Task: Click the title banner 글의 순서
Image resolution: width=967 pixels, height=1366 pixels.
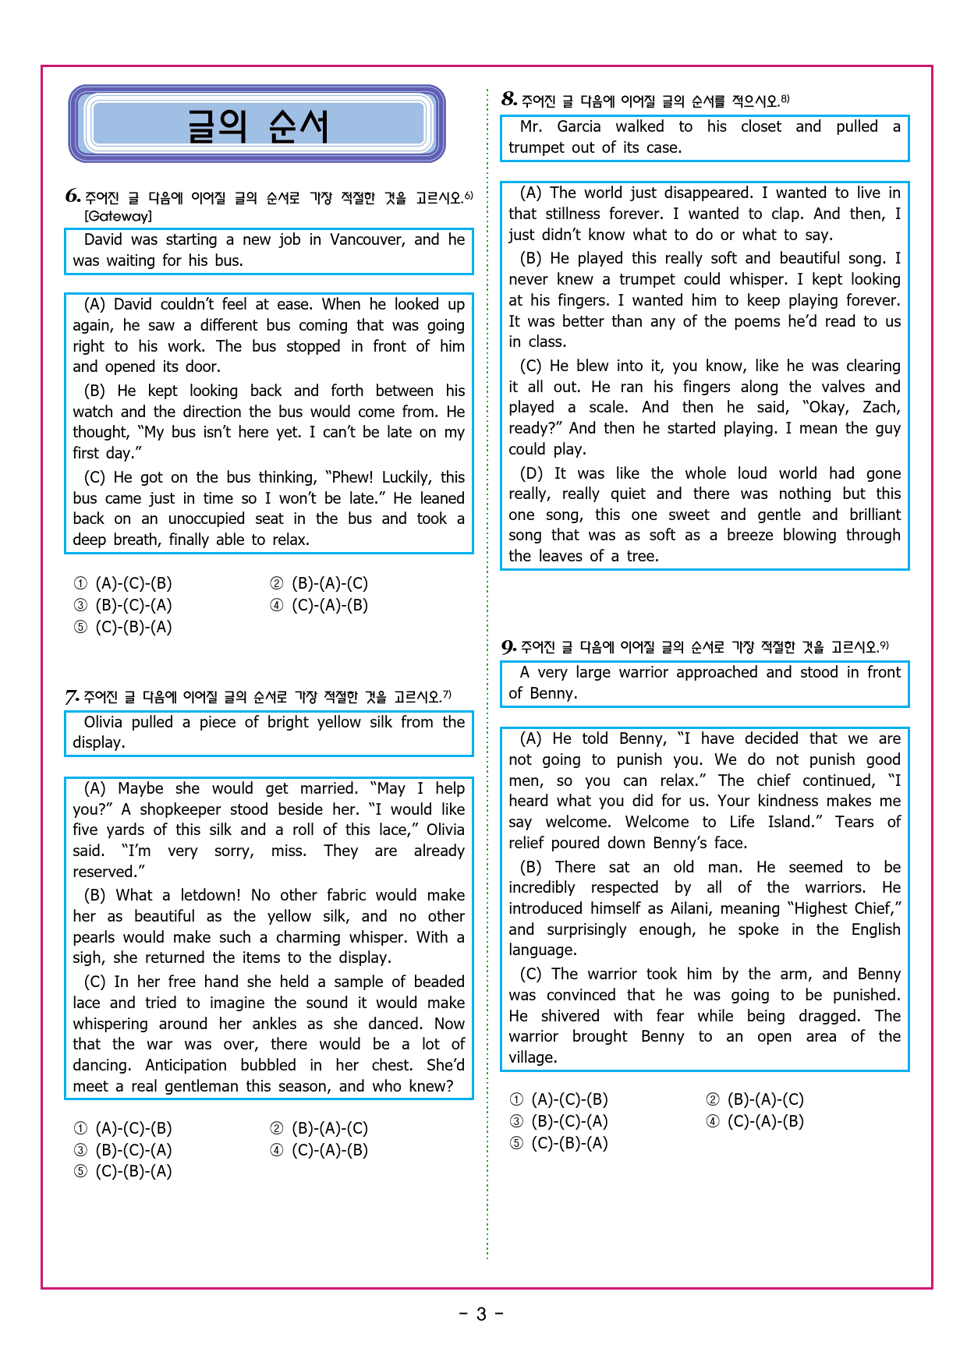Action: click(257, 125)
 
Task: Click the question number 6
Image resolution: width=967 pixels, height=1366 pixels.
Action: click(73, 196)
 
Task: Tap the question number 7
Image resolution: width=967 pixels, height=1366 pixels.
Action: click(72, 696)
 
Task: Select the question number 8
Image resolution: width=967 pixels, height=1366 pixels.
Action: click(509, 99)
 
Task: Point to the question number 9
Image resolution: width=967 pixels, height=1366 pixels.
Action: click(508, 646)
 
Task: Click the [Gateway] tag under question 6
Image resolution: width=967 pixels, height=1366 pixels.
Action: click(118, 216)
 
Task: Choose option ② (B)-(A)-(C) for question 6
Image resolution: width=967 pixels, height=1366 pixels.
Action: click(320, 583)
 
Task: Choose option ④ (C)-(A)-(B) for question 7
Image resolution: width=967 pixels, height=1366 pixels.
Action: click(320, 1150)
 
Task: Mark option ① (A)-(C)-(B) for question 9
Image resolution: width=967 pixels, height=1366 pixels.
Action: click(559, 1099)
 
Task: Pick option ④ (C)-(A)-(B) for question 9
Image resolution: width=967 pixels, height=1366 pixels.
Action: click(756, 1121)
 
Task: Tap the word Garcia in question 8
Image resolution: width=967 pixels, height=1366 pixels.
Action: click(579, 126)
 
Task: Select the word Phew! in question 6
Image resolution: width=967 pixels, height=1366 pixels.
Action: click(352, 477)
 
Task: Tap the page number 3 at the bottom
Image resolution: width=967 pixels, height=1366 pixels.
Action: click(481, 1315)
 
